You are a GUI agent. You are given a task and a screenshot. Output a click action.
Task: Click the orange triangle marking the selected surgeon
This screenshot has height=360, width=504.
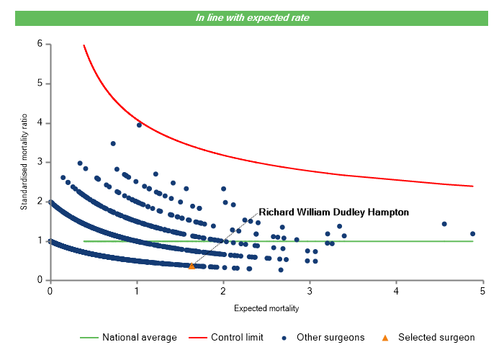point(192,266)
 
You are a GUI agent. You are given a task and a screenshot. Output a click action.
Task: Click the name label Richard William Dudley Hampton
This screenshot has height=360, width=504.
point(333,212)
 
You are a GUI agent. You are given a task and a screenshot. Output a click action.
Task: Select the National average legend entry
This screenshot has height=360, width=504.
point(139,337)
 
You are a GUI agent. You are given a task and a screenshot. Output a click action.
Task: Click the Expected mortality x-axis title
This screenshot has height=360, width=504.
point(266,308)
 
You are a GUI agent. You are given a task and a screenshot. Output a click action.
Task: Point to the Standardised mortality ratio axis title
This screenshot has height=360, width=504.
point(23,161)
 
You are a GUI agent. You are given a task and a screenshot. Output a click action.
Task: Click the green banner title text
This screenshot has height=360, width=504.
point(253,17)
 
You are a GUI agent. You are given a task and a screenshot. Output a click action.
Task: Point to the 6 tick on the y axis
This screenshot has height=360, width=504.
point(39,44)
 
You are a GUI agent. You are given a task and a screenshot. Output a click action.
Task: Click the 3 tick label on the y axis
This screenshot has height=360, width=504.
point(39,162)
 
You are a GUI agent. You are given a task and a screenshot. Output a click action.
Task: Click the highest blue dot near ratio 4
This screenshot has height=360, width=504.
point(139,125)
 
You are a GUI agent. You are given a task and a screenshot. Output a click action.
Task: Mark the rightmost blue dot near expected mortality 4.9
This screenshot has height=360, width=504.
point(472,233)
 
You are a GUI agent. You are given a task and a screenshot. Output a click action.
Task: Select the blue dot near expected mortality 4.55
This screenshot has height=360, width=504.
point(444,224)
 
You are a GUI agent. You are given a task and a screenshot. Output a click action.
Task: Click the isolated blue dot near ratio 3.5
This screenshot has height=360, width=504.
point(113,143)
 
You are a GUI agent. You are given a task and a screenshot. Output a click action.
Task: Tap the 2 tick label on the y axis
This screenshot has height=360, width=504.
point(39,202)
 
